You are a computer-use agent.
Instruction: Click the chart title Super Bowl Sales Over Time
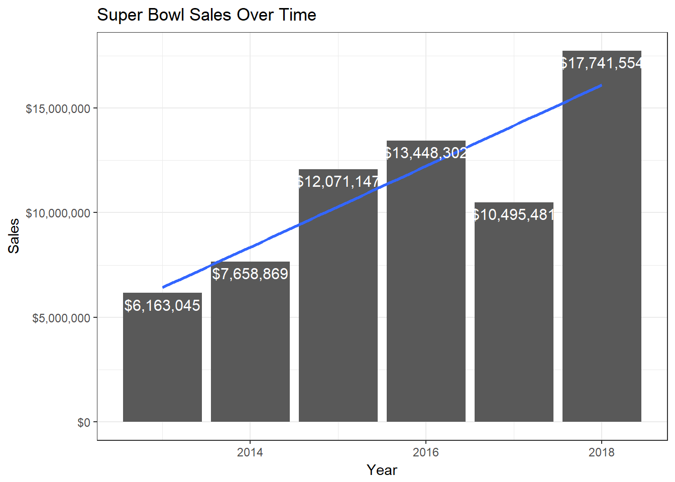[x=206, y=15]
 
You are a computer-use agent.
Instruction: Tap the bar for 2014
[x=250, y=351]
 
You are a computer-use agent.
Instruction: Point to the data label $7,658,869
[x=250, y=274]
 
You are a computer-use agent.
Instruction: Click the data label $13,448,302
[x=426, y=153]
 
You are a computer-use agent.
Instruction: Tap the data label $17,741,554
[x=602, y=64]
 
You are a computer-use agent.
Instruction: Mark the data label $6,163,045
[x=162, y=306]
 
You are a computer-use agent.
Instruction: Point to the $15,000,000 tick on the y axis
[x=58, y=108]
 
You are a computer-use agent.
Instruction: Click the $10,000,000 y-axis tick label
[x=58, y=213]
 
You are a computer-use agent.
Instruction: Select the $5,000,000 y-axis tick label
[x=61, y=318]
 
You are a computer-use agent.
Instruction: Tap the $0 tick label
[x=83, y=423]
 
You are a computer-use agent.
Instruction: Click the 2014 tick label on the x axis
[x=250, y=453]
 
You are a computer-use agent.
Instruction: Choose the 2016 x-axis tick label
[x=426, y=453]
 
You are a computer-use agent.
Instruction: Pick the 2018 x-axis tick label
[x=602, y=453]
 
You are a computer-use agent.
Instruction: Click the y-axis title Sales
[x=14, y=235]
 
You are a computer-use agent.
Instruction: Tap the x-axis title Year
[x=382, y=470]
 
